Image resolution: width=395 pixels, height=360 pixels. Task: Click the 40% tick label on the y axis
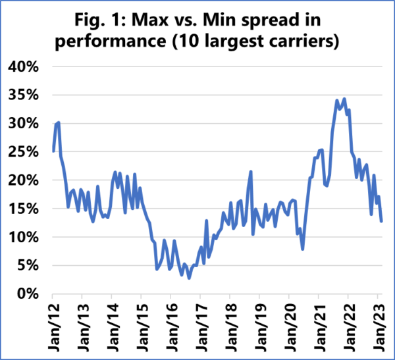click(x=26, y=66)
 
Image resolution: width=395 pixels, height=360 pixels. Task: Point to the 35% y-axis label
click(x=26, y=95)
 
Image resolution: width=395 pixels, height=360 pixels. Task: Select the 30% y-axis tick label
click(x=26, y=123)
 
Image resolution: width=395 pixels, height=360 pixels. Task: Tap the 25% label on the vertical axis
click(x=26, y=151)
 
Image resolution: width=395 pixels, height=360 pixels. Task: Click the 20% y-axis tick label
click(x=26, y=180)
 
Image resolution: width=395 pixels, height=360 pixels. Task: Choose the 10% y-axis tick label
click(x=26, y=237)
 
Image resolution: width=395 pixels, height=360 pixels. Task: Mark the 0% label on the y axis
click(x=30, y=294)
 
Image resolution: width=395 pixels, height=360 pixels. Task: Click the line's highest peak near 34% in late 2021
click(x=344, y=99)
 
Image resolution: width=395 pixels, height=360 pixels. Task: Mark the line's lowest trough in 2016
click(x=189, y=278)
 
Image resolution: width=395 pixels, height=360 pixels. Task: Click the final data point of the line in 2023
click(x=381, y=220)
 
